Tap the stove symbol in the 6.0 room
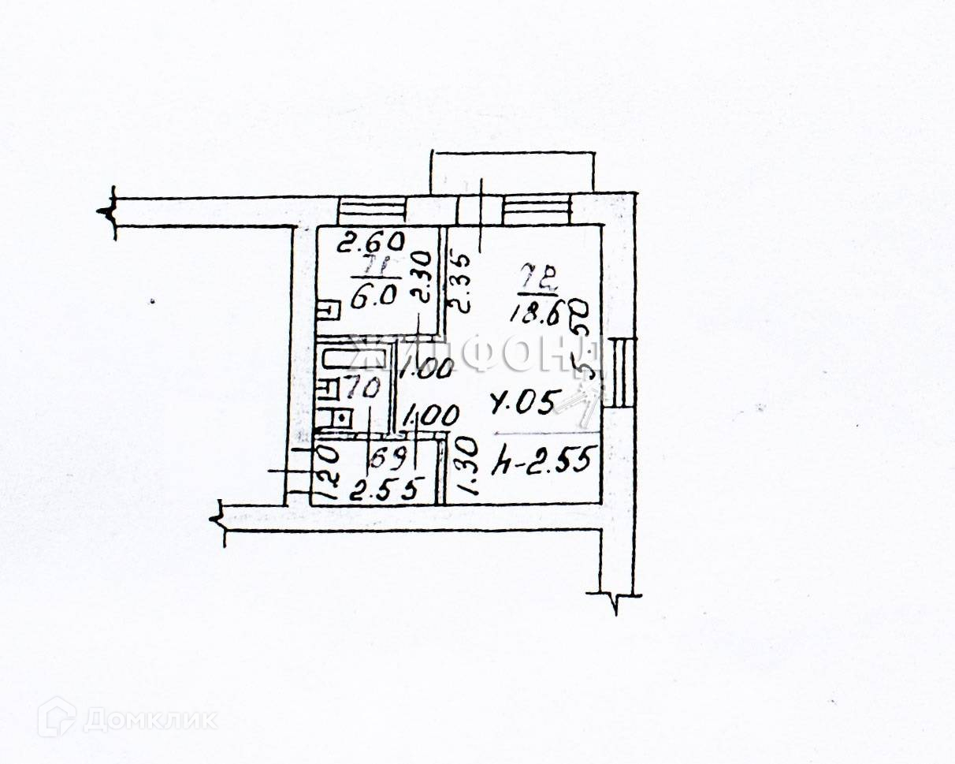coord(325,312)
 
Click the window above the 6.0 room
coord(371,211)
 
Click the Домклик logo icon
coord(56,717)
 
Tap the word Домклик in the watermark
coord(150,720)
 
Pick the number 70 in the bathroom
coord(362,389)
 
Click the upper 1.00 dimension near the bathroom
coord(423,368)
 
